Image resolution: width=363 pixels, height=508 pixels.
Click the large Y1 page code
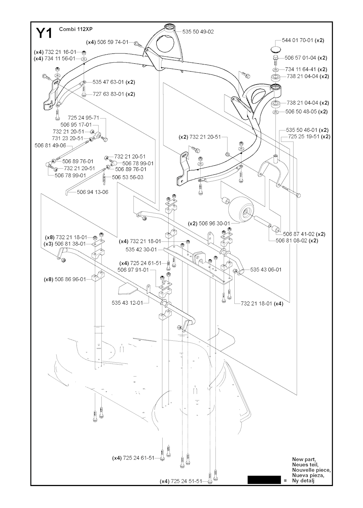tap(44, 33)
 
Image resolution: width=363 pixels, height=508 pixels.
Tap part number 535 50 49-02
tap(198, 32)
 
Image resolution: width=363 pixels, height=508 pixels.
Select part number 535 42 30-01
tap(141, 249)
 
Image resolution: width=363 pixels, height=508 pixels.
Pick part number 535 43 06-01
tap(266, 270)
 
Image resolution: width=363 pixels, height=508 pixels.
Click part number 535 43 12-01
tap(127, 303)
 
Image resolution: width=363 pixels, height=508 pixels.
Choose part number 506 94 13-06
tap(93, 192)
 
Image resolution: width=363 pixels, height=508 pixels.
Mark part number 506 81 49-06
tap(50, 145)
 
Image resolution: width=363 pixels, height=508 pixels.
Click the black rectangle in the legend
tap(264, 480)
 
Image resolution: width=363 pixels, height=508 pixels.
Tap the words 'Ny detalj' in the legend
tap(303, 481)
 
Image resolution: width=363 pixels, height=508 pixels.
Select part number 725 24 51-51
tap(186, 481)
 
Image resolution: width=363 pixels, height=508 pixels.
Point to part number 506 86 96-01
tap(70, 279)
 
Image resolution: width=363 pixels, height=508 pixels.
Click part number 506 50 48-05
tap(301, 112)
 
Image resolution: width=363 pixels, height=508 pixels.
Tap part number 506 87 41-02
tap(299, 234)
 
